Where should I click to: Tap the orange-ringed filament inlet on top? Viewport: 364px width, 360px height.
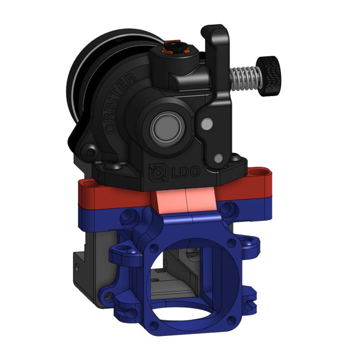173,47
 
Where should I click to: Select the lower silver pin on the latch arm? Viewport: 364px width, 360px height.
218,158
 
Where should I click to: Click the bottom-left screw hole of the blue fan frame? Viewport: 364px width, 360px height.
155,326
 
